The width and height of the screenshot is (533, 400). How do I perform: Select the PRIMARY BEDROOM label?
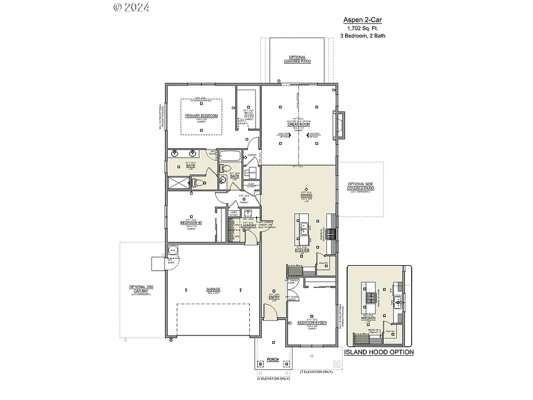[201, 115]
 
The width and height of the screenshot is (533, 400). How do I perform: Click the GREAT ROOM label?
[298, 124]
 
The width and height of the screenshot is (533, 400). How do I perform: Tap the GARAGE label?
[213, 289]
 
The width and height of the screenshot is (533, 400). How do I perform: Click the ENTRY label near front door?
[274, 297]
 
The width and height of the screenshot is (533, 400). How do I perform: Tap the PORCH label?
[272, 360]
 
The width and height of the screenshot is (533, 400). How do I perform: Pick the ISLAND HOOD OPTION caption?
[379, 352]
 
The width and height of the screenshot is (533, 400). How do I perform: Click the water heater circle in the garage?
[172, 250]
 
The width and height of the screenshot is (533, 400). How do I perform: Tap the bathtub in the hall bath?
[229, 156]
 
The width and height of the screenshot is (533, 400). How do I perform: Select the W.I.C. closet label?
[248, 114]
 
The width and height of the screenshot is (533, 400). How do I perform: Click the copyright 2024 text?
[131, 7]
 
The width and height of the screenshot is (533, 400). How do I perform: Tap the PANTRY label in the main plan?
[323, 263]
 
